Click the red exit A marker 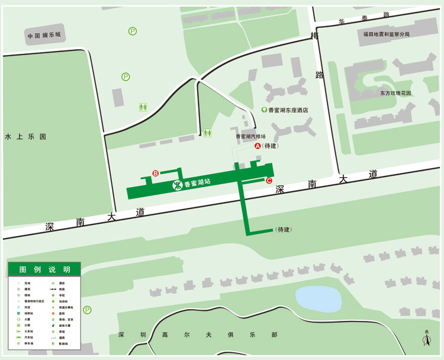coord(258,146)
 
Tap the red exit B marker coord(155,173)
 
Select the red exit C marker coord(269,181)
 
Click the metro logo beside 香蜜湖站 coord(177,185)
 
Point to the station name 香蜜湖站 coord(198,184)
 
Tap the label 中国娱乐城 coord(44,36)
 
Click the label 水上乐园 coord(25,136)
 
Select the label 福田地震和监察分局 coord(387,34)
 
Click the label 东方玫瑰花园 coord(395,94)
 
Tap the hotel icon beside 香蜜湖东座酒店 coord(264,110)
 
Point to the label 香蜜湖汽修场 coord(251,136)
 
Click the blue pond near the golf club coord(318,298)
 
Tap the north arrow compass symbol coord(426,339)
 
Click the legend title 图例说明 coord(44,269)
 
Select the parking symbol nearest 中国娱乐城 coord(133,31)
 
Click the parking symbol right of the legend coord(88,310)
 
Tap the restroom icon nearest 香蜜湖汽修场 coord(207,133)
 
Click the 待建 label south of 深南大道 coord(284,230)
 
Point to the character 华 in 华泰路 coord(342,22)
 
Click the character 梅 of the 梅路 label coord(314,36)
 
